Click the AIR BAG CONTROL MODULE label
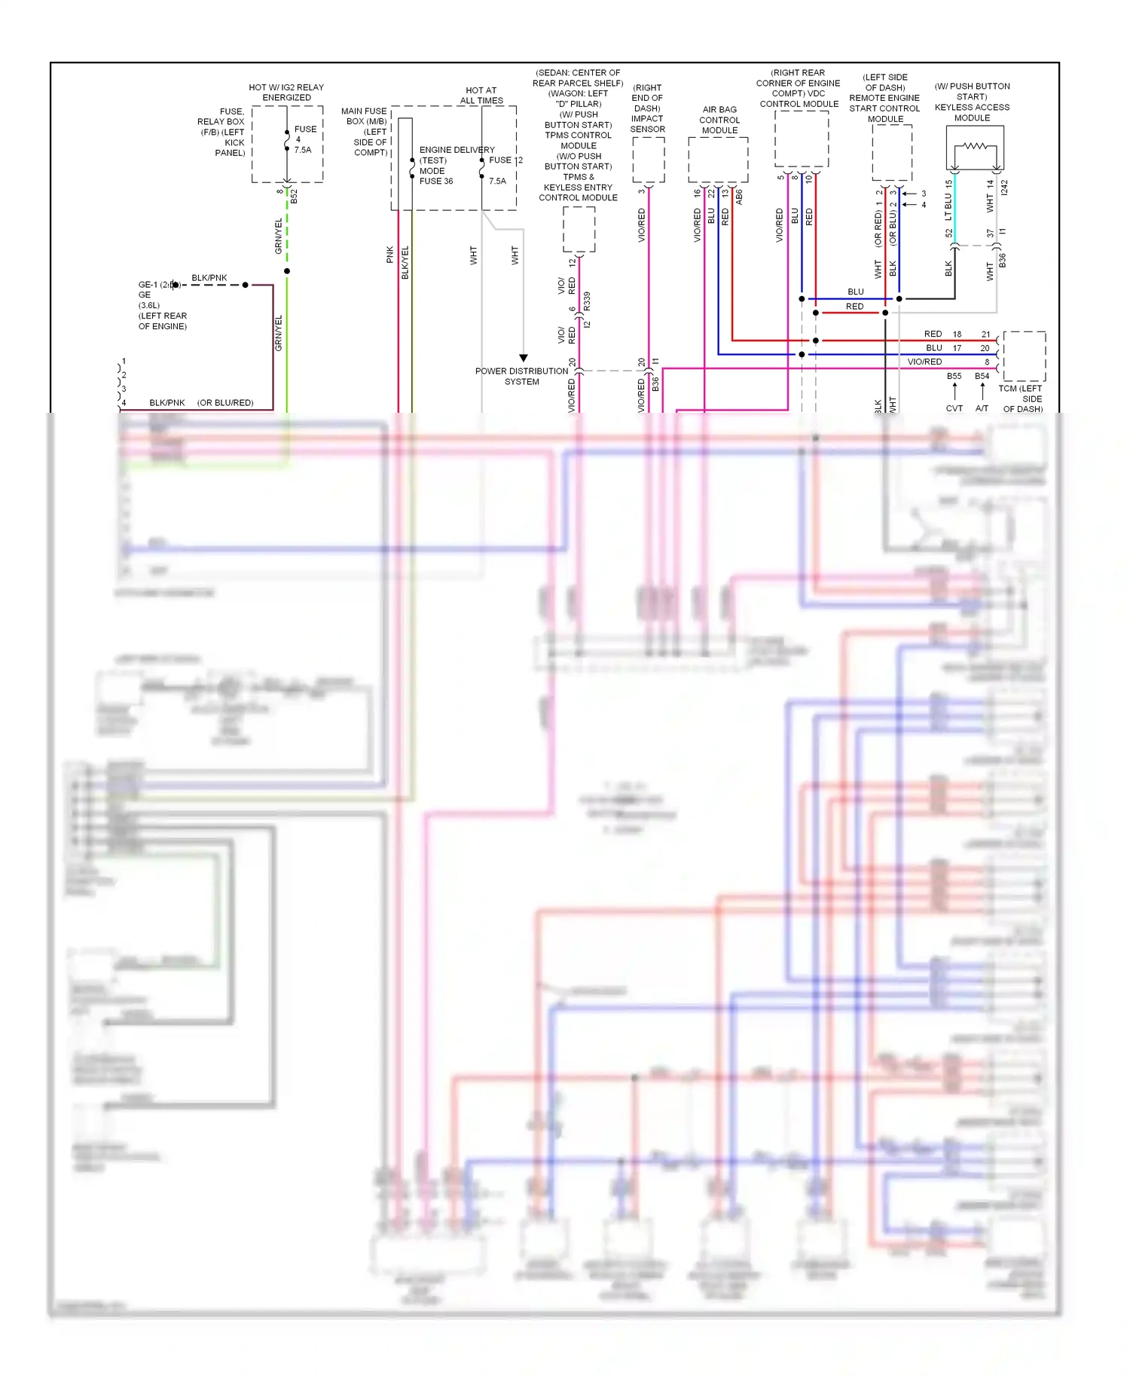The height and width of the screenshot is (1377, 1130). (719, 120)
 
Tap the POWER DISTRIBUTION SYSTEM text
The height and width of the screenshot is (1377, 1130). (521, 376)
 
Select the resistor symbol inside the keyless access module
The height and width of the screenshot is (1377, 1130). (975, 146)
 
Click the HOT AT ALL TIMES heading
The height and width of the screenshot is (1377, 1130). (481, 96)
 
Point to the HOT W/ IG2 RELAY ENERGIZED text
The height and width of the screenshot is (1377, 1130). (286, 92)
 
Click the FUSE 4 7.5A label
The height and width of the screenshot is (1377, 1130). (304, 139)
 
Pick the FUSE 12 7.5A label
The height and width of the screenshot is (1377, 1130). (504, 170)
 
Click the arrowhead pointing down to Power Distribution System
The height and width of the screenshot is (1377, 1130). (523, 358)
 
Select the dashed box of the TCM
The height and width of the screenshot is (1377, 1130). (1024, 356)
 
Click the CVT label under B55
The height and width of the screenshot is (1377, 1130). (954, 408)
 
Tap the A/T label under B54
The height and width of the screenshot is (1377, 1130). (982, 408)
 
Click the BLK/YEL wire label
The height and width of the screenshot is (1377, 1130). (405, 262)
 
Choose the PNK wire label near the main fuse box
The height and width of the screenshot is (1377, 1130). (389, 255)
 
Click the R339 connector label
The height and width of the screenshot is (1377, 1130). (587, 301)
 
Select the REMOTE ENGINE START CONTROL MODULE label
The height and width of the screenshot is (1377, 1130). (884, 103)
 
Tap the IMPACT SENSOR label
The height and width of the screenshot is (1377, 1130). (647, 124)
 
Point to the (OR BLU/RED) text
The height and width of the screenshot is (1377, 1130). (225, 403)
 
